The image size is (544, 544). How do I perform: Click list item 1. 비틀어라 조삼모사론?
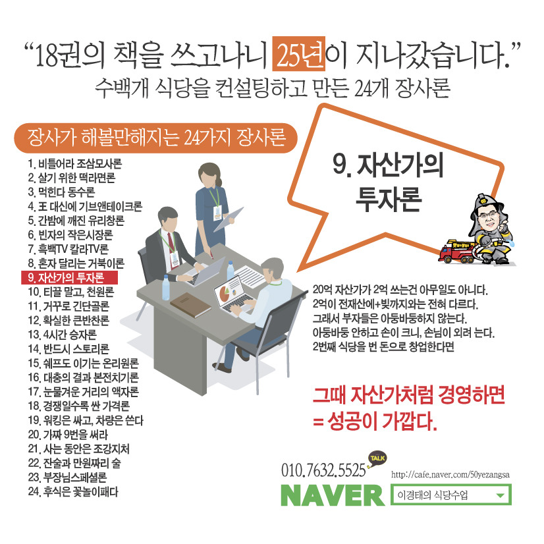tap(74, 162)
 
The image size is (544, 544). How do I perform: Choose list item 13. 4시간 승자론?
tap(63, 333)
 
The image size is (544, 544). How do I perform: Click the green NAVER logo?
tap(332, 496)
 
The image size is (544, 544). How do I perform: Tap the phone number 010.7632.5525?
tap(323, 471)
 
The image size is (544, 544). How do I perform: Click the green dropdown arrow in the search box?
tap(500, 496)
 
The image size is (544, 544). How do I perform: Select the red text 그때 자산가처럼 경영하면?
tap(409, 396)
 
